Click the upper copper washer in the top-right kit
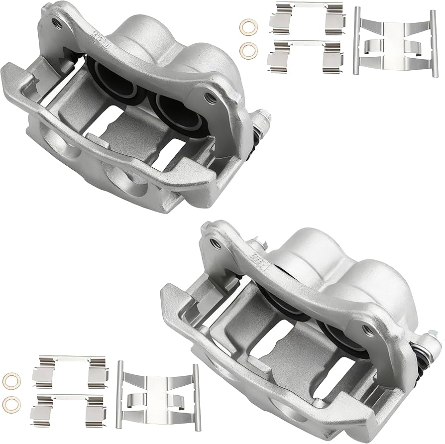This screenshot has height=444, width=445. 248,25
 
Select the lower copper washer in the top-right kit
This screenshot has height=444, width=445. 248,50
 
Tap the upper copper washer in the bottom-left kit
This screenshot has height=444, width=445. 11,380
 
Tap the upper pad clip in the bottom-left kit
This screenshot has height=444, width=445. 69,370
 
